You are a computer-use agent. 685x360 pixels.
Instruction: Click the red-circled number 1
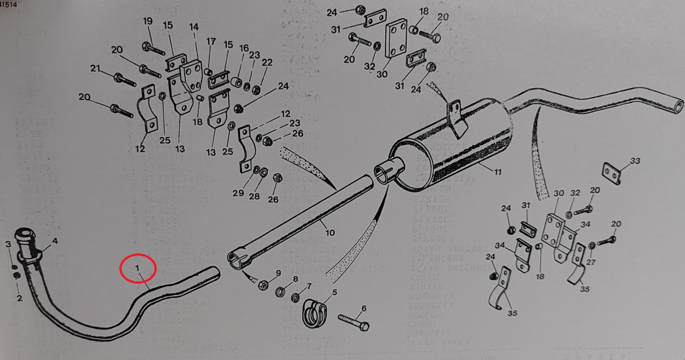click(x=137, y=268)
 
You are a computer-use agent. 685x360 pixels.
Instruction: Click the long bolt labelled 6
click(x=354, y=322)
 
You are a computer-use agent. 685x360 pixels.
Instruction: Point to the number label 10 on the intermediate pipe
click(x=330, y=232)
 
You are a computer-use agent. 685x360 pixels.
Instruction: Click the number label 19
click(x=148, y=21)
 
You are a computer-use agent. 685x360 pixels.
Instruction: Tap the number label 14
click(x=194, y=27)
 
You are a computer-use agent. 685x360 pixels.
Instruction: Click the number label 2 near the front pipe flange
click(x=19, y=298)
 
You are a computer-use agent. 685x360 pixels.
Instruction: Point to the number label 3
click(x=8, y=244)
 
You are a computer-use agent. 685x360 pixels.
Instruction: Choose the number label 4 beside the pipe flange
click(x=55, y=242)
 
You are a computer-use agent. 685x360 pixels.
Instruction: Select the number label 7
click(x=309, y=286)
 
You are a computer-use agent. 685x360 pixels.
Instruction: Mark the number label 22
click(x=267, y=62)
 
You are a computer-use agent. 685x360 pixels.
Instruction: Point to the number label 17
click(x=211, y=41)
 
